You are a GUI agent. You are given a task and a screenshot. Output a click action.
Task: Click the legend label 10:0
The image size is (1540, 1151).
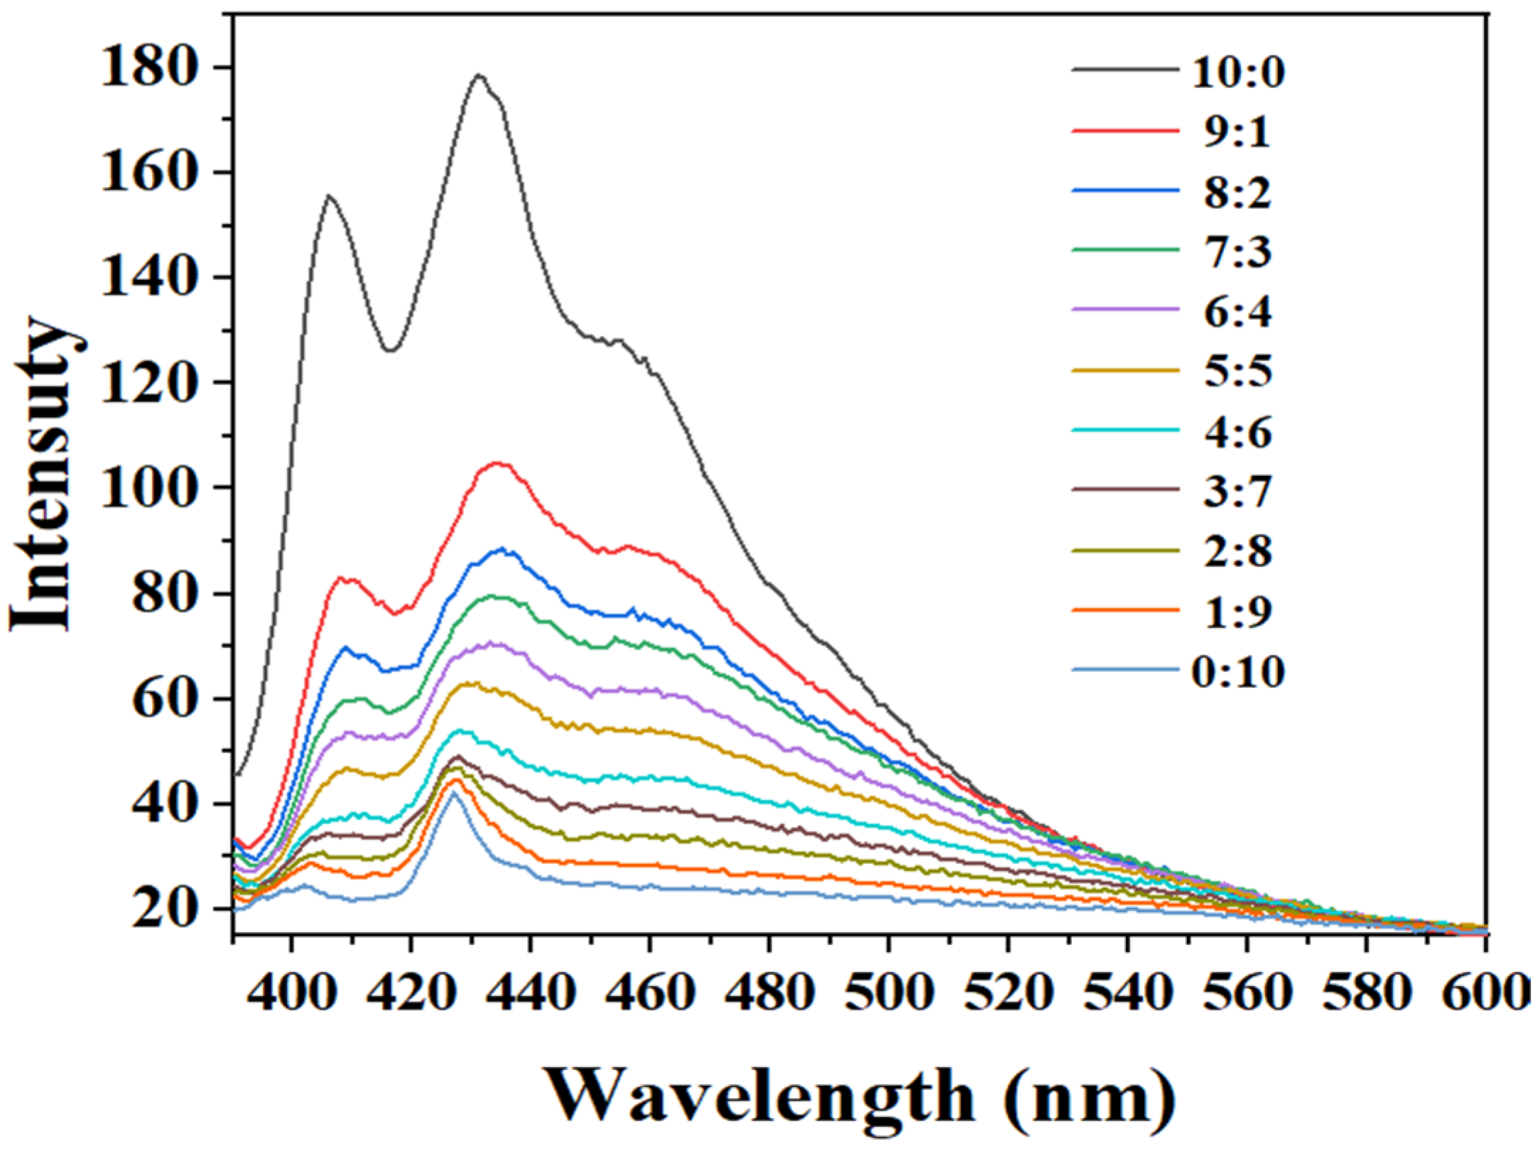click(x=1238, y=72)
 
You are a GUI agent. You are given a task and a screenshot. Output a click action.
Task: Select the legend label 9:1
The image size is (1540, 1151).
click(x=1237, y=132)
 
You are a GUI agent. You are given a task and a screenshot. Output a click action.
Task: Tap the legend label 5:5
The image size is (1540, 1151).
click(x=1237, y=372)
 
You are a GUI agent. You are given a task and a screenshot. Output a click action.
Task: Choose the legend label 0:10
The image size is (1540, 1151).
click(x=1238, y=671)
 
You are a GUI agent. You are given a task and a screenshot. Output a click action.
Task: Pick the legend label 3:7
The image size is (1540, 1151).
click(x=1237, y=492)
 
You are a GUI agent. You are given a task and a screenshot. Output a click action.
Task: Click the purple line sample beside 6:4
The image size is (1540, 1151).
click(x=1125, y=309)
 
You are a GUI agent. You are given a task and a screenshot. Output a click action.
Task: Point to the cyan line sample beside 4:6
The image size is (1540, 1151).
click(x=1125, y=430)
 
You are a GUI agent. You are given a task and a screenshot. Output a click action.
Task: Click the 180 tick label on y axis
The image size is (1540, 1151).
click(x=148, y=68)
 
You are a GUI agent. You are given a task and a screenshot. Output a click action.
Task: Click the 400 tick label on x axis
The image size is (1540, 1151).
click(x=291, y=991)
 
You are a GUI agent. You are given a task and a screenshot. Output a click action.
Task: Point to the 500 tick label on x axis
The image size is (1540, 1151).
click(x=888, y=991)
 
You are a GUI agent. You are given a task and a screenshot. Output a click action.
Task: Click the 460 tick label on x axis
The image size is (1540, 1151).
click(x=649, y=991)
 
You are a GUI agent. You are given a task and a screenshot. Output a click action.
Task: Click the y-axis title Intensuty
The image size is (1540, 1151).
click(x=44, y=472)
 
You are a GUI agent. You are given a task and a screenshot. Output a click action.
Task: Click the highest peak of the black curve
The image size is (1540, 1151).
click(x=479, y=75)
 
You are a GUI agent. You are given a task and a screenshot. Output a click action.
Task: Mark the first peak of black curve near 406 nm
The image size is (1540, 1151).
click(x=329, y=195)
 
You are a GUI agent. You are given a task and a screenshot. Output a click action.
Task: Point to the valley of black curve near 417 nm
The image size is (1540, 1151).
click(x=390, y=350)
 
